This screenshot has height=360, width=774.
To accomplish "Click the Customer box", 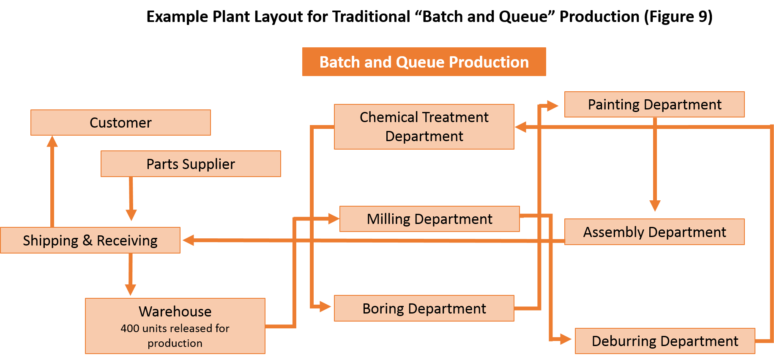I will pos(120,123).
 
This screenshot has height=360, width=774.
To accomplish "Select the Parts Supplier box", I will pos(191,164).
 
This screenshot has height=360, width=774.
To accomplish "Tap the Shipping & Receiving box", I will pos(90,240).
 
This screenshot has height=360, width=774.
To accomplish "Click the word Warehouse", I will pos(175,311).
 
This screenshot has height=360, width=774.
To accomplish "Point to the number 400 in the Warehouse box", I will pos(129,328).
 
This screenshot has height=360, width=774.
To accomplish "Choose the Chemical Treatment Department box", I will pos(424,127).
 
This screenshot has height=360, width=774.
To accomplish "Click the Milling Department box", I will pos(429,219).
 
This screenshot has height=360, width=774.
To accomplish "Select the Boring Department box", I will pos(424,308).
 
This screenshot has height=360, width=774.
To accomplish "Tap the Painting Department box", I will pos(654,104).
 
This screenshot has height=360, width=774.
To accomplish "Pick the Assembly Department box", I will pos(654,232).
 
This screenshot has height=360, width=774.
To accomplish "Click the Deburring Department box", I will pos(665,341).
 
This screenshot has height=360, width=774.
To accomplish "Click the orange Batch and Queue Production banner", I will pos(424,62).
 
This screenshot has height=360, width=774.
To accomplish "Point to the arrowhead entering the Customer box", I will pos(52,141).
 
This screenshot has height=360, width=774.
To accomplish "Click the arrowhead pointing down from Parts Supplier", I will pos(131,215).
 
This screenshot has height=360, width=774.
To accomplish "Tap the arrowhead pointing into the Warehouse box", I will pos(131,290).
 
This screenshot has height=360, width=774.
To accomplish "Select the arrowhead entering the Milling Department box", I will pos(334,219).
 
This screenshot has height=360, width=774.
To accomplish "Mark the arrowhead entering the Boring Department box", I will pos(325,306).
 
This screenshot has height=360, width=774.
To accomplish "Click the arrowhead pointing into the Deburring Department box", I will pos(566,338).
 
